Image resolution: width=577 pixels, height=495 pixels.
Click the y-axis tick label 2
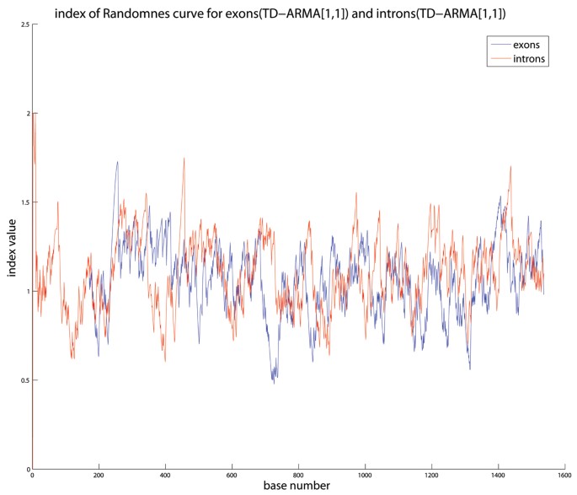click(x=25, y=113)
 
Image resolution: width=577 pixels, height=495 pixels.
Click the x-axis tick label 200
click(x=99, y=476)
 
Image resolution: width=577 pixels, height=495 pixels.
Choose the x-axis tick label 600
click(x=232, y=476)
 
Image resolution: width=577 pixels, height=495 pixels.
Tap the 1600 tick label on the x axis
click(x=565, y=476)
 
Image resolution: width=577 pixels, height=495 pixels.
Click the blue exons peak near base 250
click(x=117, y=162)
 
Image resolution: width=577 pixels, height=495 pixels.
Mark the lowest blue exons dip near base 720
click(x=273, y=383)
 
